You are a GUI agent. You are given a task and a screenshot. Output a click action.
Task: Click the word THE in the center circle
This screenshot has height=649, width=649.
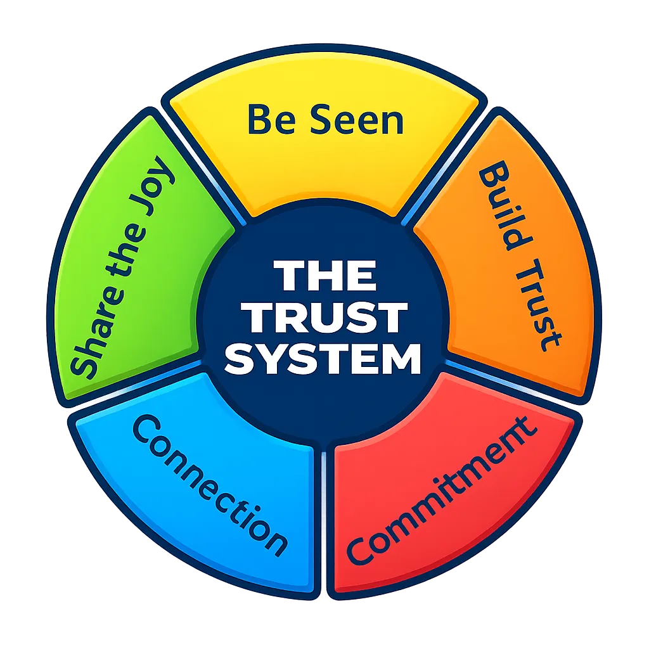click(x=324, y=276)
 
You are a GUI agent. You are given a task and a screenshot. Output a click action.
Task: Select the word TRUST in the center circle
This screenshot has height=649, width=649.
click(x=324, y=318)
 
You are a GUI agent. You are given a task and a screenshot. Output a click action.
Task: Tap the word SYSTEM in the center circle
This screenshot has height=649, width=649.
click(x=324, y=358)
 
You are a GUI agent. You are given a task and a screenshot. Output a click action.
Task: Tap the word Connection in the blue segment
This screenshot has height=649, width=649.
click(x=209, y=485)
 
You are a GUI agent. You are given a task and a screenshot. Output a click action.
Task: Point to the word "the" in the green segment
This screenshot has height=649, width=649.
click(x=124, y=254)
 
